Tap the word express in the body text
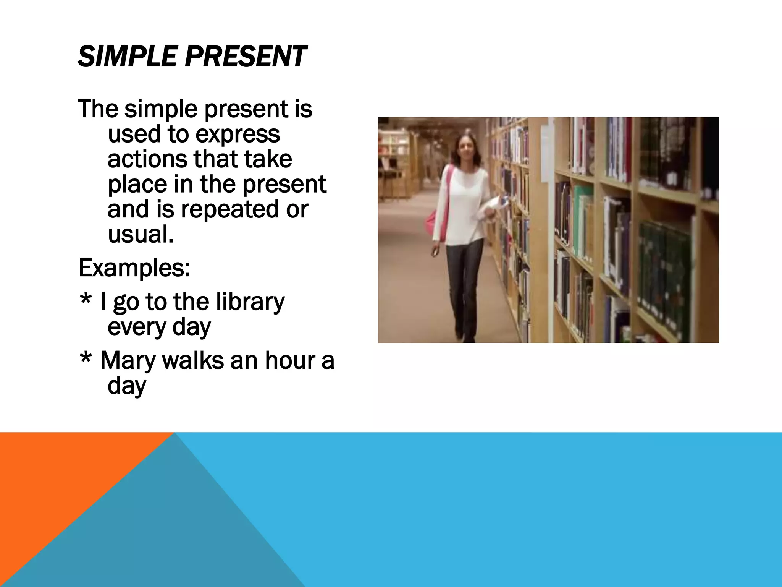pyautogui.click(x=238, y=135)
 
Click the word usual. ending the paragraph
pyautogui.click(x=141, y=234)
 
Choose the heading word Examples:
pyautogui.click(x=134, y=268)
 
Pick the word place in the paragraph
pyautogui.click(x=137, y=185)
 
